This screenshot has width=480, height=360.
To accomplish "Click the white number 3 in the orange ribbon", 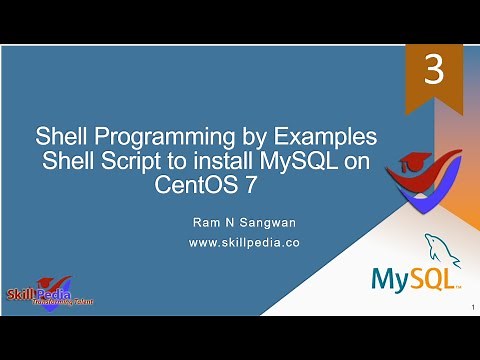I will tap(433, 73).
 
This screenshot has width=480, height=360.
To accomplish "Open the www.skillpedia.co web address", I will tap(245, 242).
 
